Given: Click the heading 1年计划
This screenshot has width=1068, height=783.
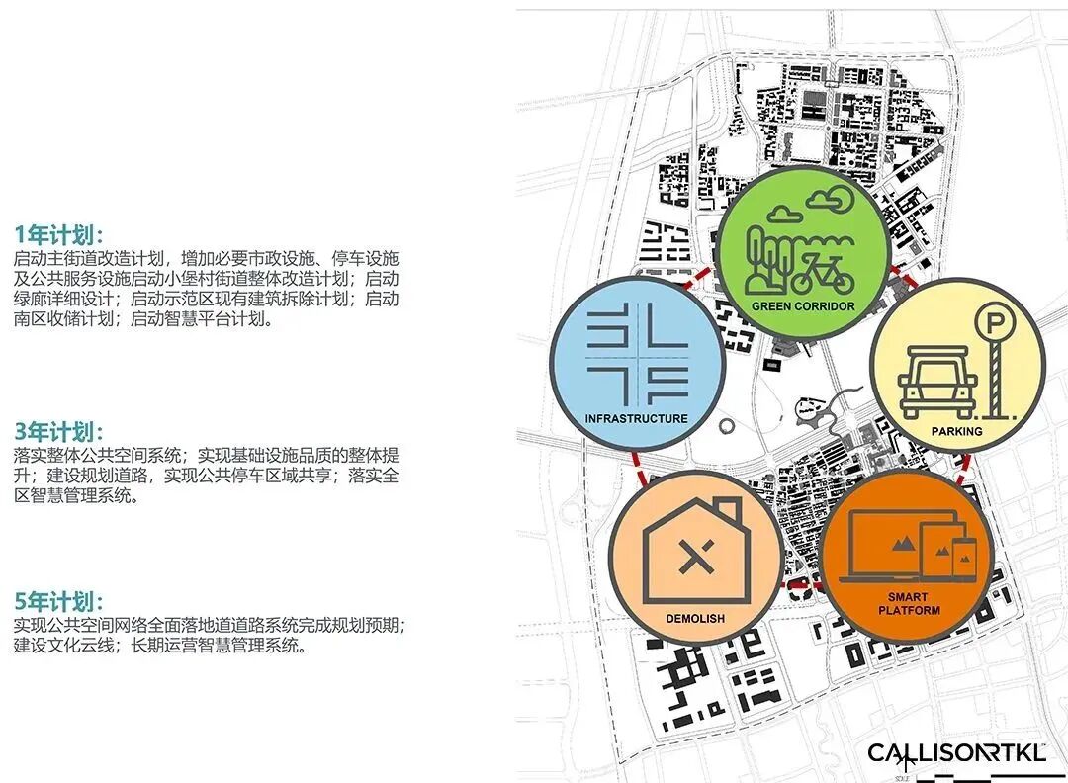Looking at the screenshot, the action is point(58,235).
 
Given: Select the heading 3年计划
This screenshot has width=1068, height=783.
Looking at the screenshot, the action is point(58,433).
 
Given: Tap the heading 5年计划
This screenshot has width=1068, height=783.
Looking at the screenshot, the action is point(58,602).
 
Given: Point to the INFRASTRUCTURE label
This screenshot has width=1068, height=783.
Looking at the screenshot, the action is point(636,418).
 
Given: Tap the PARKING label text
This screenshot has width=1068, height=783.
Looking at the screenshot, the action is point(956,431).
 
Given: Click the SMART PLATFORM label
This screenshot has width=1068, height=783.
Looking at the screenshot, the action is point(907,603).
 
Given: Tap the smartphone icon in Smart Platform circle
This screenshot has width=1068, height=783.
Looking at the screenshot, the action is point(963,559).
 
